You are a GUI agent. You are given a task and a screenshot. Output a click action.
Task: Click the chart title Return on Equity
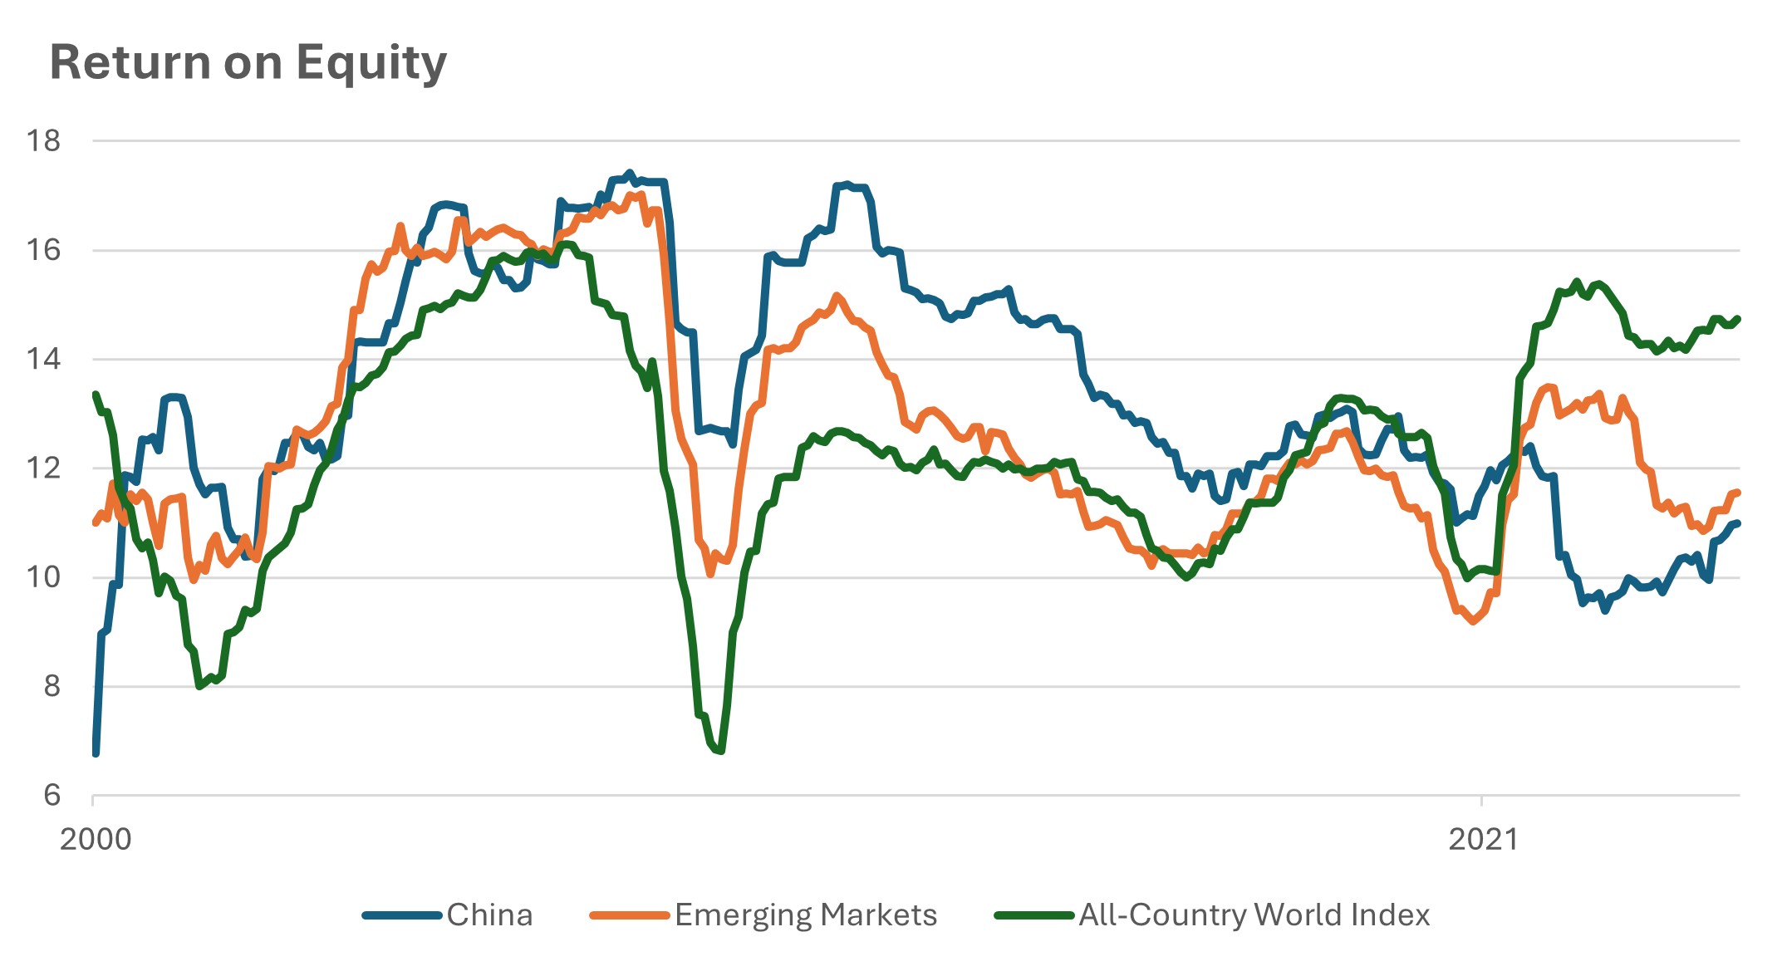(248, 63)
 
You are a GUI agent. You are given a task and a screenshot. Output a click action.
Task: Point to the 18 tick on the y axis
(43, 141)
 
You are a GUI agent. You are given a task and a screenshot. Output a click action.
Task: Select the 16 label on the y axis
(43, 250)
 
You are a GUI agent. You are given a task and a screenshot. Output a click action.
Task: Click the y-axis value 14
(43, 359)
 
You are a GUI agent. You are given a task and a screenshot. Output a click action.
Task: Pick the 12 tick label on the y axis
(43, 468)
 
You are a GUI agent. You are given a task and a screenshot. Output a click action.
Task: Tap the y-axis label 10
(43, 577)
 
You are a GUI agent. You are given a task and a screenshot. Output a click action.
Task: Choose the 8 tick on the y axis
(52, 686)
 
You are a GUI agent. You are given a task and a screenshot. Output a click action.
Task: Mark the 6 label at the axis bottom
(52, 795)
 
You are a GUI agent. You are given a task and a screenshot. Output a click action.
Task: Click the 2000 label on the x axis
(96, 839)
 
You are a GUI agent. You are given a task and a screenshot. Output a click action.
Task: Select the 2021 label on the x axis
(1483, 839)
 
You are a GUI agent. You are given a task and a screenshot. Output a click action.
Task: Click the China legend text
(489, 915)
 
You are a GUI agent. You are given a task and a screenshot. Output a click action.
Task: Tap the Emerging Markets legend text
(805, 915)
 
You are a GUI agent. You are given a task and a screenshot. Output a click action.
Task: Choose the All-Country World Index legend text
(1254, 915)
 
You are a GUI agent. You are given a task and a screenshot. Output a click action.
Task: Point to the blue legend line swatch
(402, 915)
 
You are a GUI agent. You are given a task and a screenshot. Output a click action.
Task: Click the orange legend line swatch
(629, 915)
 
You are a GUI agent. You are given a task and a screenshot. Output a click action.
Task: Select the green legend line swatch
(1034, 915)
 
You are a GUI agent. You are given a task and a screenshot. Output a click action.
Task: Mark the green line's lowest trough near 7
(720, 751)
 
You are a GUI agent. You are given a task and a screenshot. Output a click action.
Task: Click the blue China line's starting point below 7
(96, 753)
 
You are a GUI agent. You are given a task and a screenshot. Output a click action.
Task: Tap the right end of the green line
(1737, 319)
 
